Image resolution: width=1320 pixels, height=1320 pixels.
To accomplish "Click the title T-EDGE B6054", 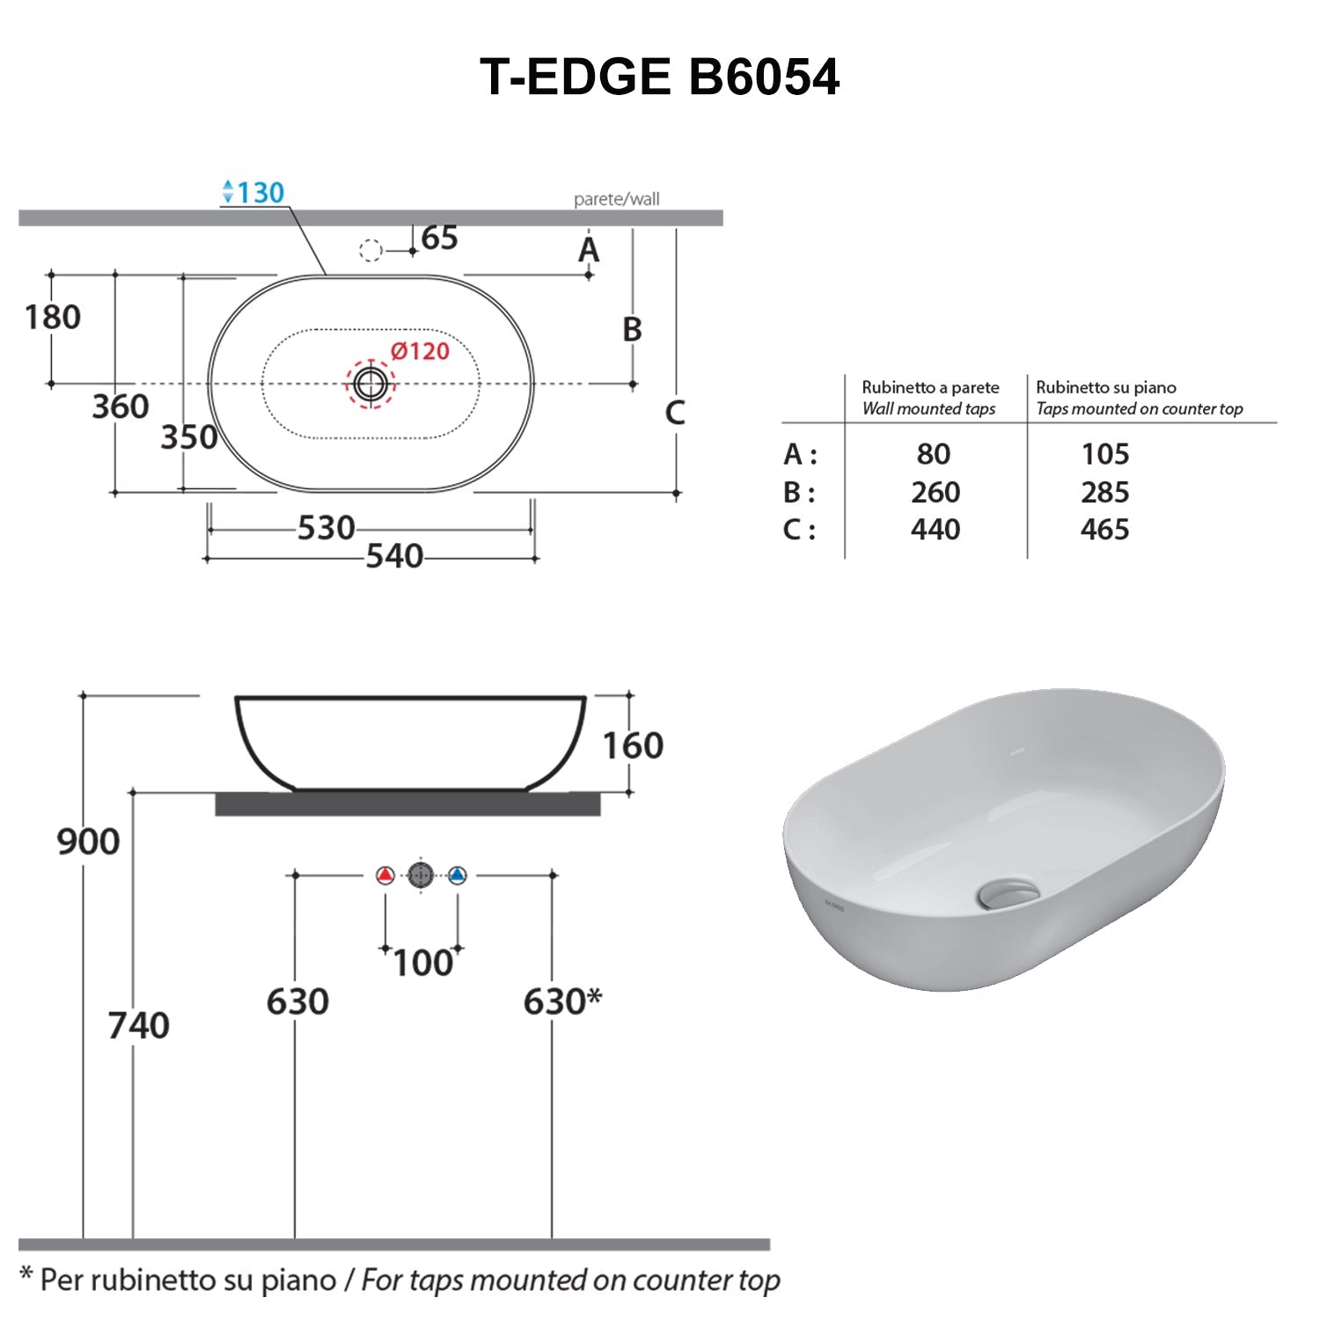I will (659, 77).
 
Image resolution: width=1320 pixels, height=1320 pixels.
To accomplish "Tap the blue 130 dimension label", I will (254, 192).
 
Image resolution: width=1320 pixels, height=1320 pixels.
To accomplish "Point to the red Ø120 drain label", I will (420, 351).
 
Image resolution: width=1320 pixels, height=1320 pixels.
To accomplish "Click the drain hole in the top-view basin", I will (370, 384).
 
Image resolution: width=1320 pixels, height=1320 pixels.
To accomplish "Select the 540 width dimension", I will (394, 556).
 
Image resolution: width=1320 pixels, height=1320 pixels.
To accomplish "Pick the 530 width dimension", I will (326, 528).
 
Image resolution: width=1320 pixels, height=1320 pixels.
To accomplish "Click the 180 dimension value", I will (53, 317).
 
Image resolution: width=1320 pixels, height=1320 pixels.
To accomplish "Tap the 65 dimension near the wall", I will (439, 238).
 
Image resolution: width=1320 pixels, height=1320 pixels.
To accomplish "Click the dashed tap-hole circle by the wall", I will (370, 251).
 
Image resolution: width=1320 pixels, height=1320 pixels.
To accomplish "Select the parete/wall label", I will (616, 199).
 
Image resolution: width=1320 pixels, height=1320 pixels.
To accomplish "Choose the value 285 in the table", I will (1104, 492).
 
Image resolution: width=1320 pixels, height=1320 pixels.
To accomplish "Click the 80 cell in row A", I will (934, 454).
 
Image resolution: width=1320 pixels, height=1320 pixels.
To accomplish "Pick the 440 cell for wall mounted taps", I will (935, 530).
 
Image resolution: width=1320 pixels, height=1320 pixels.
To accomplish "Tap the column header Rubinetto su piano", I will (1106, 387).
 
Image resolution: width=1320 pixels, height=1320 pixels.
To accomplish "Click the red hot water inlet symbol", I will (385, 876).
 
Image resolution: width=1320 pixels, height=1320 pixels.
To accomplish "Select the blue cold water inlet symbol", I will (457, 876).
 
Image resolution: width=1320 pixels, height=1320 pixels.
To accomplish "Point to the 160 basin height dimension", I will (633, 746).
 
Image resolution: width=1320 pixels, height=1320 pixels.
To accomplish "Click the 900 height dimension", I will (88, 841).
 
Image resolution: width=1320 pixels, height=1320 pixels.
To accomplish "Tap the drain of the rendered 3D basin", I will (1007, 893).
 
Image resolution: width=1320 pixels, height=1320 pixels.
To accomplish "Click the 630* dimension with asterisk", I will (562, 1001).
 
